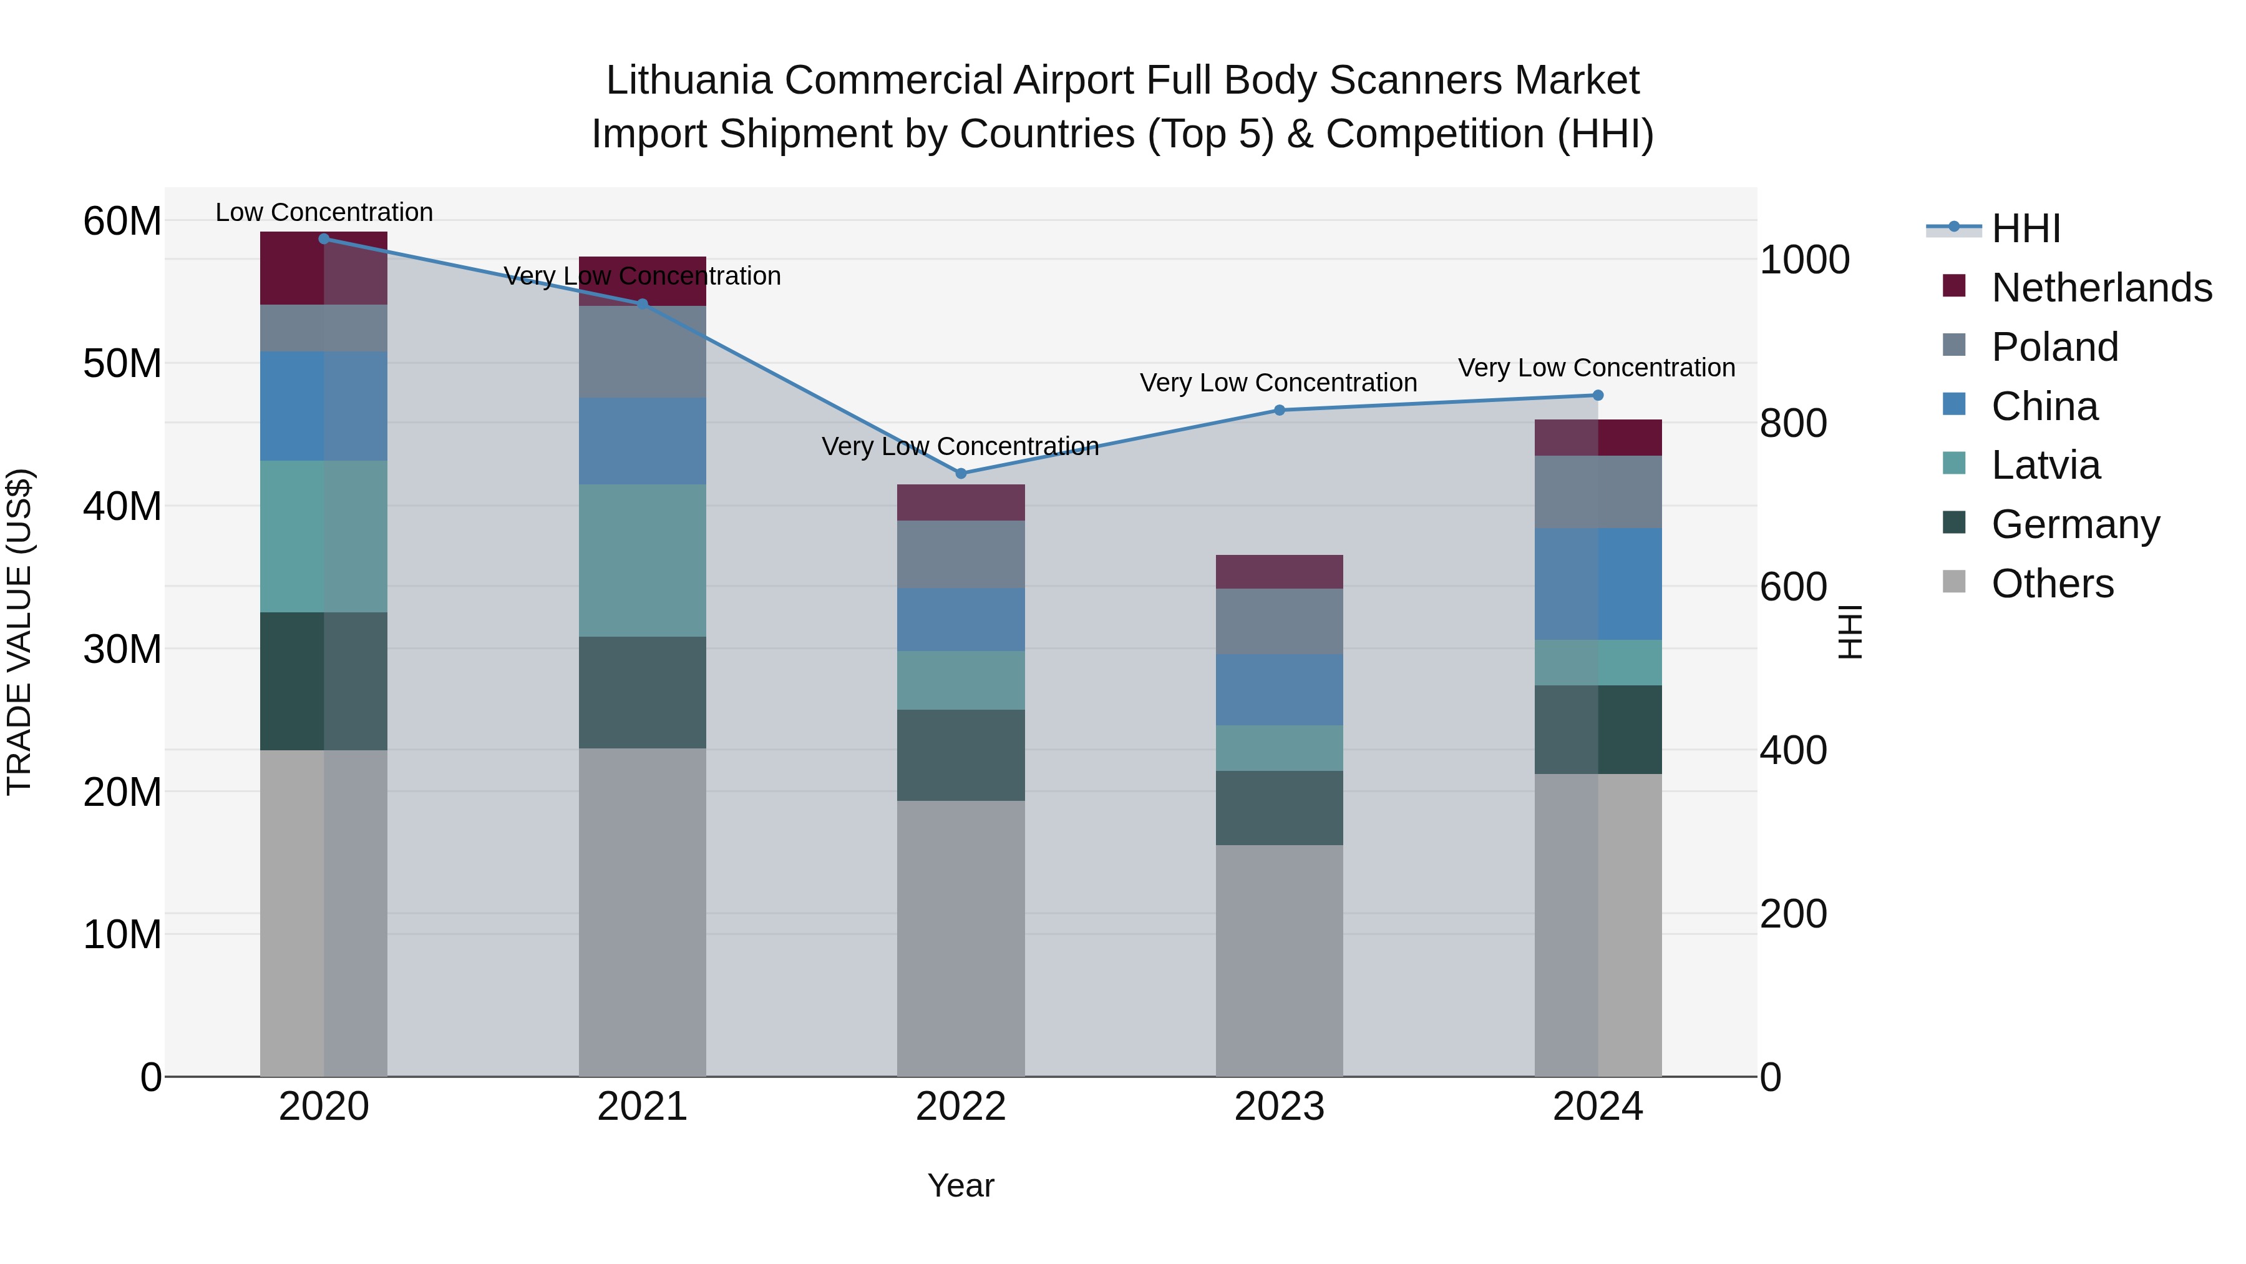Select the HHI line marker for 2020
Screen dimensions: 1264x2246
[323, 239]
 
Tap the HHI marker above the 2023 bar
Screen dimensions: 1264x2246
[1279, 410]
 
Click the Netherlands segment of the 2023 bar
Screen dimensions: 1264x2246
[1279, 571]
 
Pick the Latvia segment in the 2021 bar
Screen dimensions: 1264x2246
[642, 560]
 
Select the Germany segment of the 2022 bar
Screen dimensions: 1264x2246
[961, 755]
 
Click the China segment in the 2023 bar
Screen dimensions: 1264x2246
[1279, 689]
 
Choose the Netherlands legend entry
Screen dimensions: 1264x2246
[2101, 288]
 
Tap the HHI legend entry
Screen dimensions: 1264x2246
[2025, 228]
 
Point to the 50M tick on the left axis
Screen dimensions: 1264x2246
[122, 364]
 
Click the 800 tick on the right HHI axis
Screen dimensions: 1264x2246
[1792, 423]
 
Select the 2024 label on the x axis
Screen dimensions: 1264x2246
[1597, 1107]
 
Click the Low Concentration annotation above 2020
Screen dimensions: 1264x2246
[323, 212]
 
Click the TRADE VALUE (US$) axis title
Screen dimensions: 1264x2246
[20, 632]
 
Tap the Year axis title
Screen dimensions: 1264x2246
[960, 1185]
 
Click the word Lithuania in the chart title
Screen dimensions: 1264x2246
[689, 81]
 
